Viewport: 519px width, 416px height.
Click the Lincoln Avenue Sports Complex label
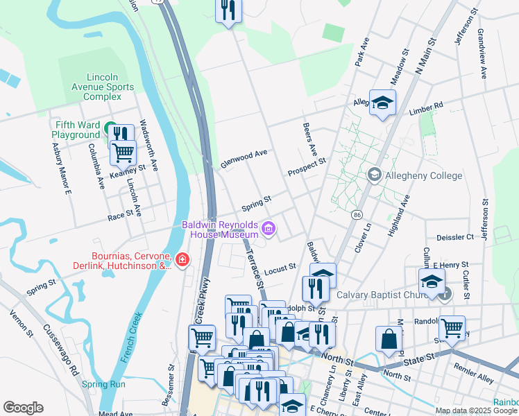click(x=102, y=87)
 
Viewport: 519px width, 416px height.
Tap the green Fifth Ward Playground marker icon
click(x=110, y=129)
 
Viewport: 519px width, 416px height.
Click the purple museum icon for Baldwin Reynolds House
click(x=269, y=227)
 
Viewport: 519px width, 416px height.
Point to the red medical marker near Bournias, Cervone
click(x=182, y=260)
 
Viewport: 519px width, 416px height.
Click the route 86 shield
click(x=357, y=216)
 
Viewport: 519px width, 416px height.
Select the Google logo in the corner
click(x=23, y=408)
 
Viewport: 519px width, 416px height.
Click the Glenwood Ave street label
click(x=244, y=159)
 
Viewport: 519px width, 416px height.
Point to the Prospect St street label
click(x=307, y=167)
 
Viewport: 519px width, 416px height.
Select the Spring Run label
click(x=103, y=384)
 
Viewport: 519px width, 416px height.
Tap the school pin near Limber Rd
click(x=382, y=104)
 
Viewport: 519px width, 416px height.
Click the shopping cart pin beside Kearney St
click(x=124, y=151)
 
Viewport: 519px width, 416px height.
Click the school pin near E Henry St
click(x=431, y=282)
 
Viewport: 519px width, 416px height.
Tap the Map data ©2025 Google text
click(x=476, y=410)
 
